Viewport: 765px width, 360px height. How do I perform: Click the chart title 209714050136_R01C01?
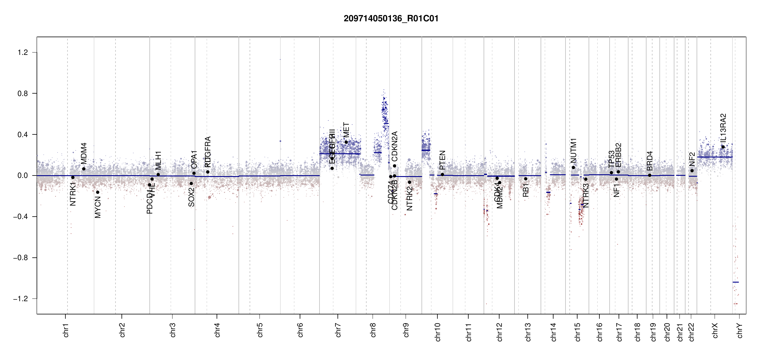[391, 19]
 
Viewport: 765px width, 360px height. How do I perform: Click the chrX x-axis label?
[715, 330]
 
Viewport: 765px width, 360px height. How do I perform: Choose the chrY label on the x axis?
[740, 330]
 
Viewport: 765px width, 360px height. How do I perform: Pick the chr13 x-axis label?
[528, 332]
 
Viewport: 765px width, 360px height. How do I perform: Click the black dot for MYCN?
[97, 192]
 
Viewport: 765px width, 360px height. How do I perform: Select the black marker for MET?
[346, 142]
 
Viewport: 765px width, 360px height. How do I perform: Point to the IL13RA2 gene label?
[723, 128]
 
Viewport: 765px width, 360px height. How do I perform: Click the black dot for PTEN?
[442, 175]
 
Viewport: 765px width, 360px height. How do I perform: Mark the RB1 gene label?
[526, 190]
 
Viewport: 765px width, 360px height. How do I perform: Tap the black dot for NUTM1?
[573, 167]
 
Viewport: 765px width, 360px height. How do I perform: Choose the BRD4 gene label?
[649, 161]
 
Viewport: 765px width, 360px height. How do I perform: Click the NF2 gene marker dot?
[692, 171]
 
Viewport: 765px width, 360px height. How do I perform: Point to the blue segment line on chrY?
[736, 282]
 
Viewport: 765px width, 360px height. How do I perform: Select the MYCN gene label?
[98, 207]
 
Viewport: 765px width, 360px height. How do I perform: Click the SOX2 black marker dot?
[191, 184]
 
